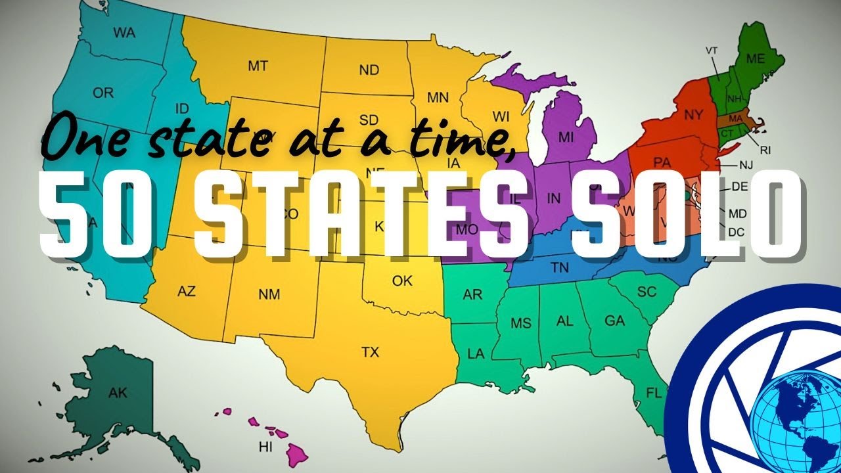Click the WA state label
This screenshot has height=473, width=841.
(x=124, y=32)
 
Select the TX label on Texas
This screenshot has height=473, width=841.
(x=370, y=353)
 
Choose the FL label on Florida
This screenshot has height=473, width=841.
(x=654, y=394)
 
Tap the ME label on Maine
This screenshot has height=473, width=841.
(x=756, y=58)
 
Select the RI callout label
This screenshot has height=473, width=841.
(x=765, y=150)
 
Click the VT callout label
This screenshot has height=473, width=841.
(x=712, y=50)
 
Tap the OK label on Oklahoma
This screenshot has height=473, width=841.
(x=402, y=281)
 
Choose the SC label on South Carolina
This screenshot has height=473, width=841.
(x=647, y=292)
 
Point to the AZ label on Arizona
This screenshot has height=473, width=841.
(x=187, y=292)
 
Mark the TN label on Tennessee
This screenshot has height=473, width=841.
(x=560, y=267)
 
